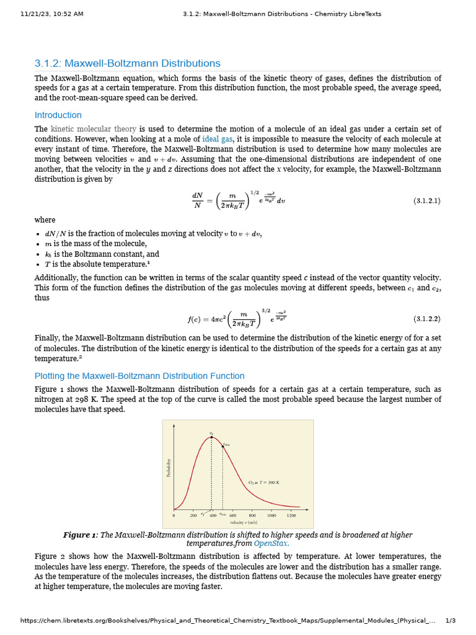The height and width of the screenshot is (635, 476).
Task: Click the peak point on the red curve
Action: (x=211, y=437)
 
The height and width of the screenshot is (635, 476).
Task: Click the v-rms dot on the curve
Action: (x=223, y=446)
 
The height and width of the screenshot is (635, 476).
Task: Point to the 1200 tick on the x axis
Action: (x=291, y=515)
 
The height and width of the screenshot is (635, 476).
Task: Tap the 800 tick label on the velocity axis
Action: (x=252, y=515)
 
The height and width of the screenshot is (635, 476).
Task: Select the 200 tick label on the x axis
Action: (x=193, y=515)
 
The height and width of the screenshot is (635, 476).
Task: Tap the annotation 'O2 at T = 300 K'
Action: (x=265, y=482)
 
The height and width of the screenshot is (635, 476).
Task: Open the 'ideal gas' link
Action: (x=218, y=140)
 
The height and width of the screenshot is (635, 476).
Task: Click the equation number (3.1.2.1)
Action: (x=426, y=201)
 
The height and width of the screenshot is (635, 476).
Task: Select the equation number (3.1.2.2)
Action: (x=426, y=319)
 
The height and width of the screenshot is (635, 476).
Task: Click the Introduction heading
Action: (x=58, y=115)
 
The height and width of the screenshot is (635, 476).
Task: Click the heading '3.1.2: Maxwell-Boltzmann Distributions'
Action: (x=127, y=63)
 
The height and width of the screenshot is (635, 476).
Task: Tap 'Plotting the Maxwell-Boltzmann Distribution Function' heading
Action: (x=139, y=376)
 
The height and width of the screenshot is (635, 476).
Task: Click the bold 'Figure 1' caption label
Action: (x=80, y=535)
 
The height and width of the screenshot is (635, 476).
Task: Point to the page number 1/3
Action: (x=451, y=621)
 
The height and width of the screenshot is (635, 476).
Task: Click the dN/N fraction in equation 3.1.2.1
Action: (x=198, y=201)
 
